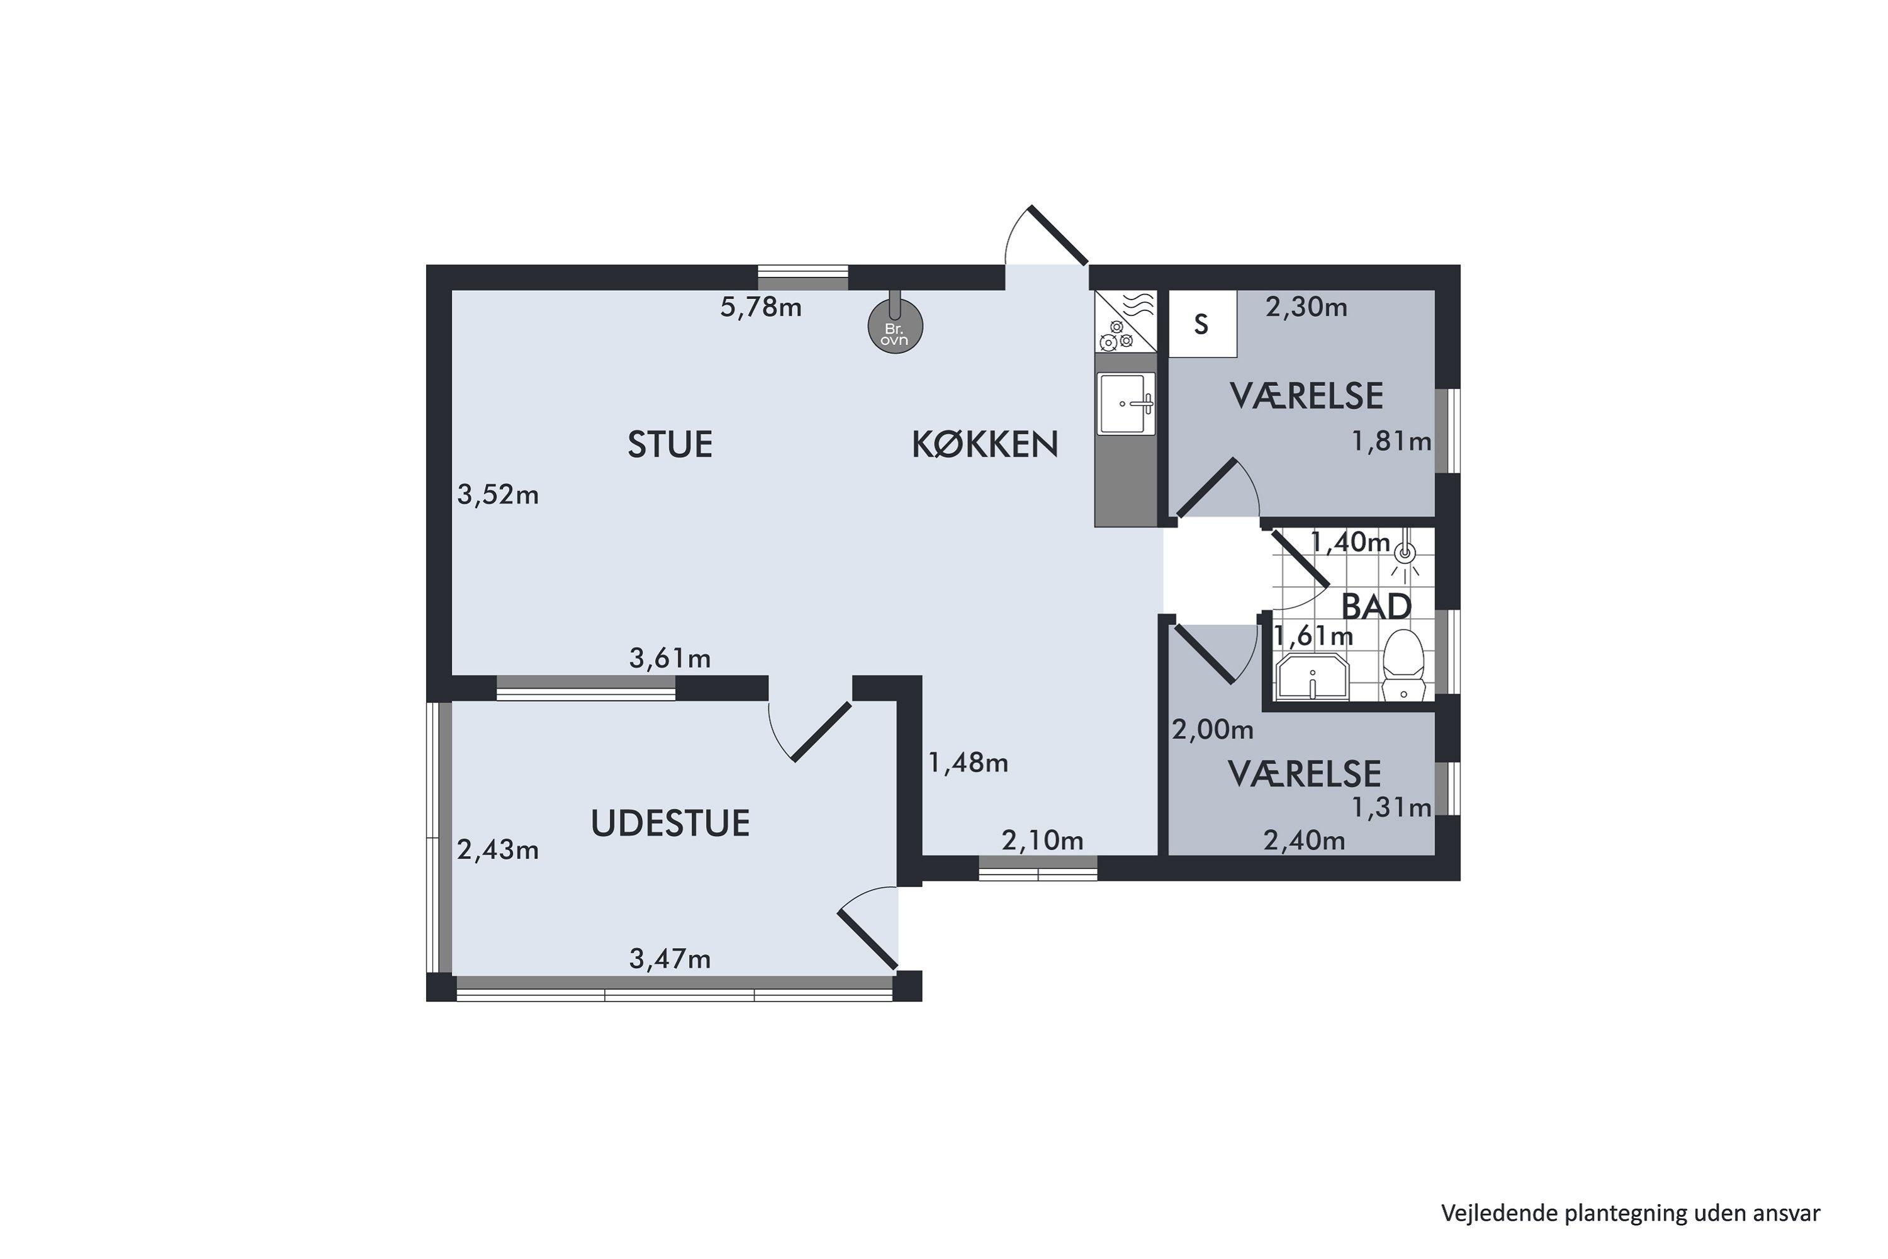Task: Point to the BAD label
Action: (x=1376, y=607)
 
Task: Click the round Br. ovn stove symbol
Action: (x=895, y=327)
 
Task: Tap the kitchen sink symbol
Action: (x=1125, y=403)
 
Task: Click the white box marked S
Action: (x=1201, y=324)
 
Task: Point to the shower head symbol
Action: (x=1405, y=553)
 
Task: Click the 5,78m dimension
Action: (x=760, y=308)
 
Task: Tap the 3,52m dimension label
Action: (x=498, y=495)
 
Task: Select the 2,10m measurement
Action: (x=1042, y=840)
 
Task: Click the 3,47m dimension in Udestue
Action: (x=670, y=959)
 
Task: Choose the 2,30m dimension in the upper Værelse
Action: (x=1306, y=308)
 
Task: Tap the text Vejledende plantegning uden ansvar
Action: (x=1631, y=1213)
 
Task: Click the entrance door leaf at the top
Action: (x=1058, y=235)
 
